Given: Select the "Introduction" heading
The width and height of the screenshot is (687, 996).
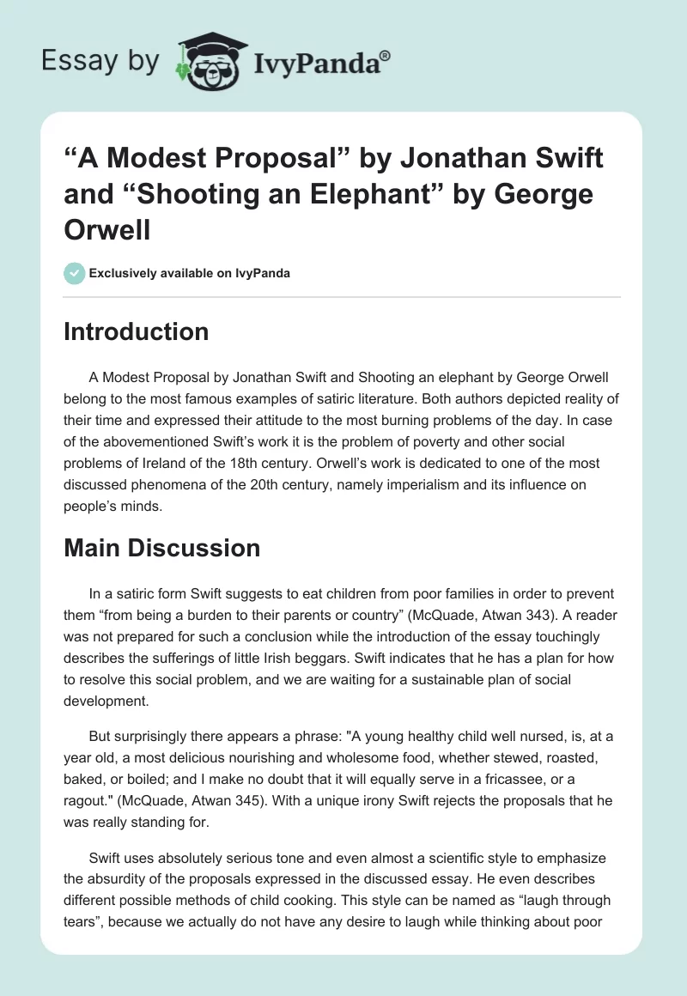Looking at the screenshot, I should tap(136, 332).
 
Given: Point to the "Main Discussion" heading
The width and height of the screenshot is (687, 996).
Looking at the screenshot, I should tap(161, 548).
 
